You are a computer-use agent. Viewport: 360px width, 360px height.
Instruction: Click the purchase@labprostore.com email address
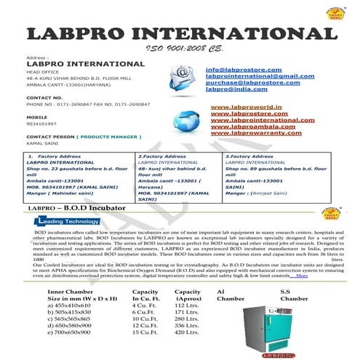[253, 82]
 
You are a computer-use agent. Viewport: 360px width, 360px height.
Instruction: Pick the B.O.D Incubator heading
[95, 209]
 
